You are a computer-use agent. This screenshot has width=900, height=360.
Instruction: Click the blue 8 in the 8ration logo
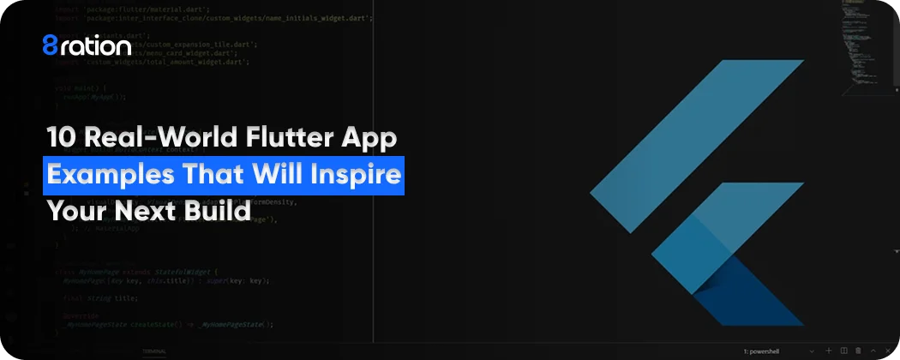coord(51,45)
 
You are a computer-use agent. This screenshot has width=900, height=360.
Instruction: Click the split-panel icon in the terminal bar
coord(844,351)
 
